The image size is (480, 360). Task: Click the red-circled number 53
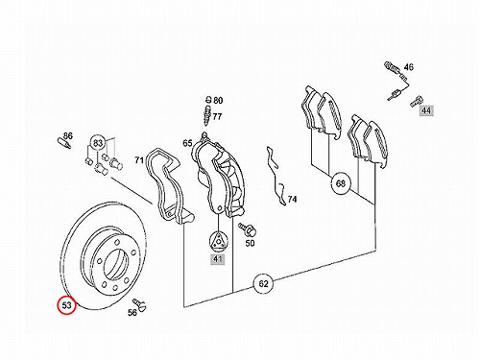66,305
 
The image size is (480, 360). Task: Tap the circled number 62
263,283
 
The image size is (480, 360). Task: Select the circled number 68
341,183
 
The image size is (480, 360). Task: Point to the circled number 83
98,143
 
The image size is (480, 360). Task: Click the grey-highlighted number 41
218,258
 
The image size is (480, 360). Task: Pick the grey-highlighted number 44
426,110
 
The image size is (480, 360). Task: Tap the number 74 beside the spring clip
292,200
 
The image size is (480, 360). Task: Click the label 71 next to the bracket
139,159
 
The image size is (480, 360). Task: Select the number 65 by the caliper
187,143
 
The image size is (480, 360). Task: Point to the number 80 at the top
218,101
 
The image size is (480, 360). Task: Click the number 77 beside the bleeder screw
217,116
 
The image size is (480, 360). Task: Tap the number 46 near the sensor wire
408,67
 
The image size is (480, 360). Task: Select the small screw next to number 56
139,304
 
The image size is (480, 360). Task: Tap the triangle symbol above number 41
218,241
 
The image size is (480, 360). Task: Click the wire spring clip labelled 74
276,176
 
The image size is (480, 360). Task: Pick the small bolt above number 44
416,101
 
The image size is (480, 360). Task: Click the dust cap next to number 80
208,99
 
